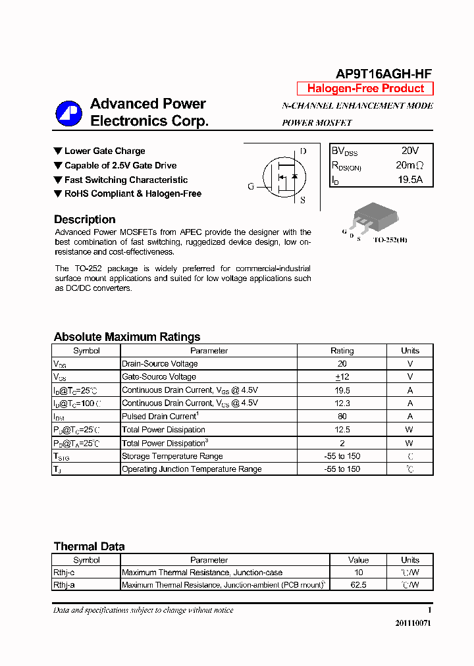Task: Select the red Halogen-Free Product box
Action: pyautogui.click(x=365, y=88)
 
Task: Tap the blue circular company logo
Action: pyautogui.click(x=68, y=113)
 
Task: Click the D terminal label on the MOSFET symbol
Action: pyautogui.click(x=303, y=151)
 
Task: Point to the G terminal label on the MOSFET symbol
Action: pyautogui.click(x=251, y=186)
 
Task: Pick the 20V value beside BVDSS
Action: pyautogui.click(x=409, y=151)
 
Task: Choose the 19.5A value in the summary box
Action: pyautogui.click(x=409, y=179)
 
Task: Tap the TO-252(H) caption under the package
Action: pyautogui.click(x=390, y=240)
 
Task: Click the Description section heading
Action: pyautogui.click(x=84, y=219)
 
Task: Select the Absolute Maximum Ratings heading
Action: pyautogui.click(x=127, y=336)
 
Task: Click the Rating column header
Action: pyautogui.click(x=342, y=351)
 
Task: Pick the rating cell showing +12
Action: pyautogui.click(x=342, y=377)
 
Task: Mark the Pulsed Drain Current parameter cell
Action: pyautogui.click(x=160, y=417)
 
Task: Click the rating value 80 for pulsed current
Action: pyautogui.click(x=342, y=417)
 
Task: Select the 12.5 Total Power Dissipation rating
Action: pyautogui.click(x=342, y=430)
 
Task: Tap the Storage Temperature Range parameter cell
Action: pyautogui.click(x=172, y=456)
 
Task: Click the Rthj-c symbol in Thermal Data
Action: pyautogui.click(x=64, y=573)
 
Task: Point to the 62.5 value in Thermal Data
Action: pyautogui.click(x=358, y=584)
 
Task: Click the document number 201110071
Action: pyautogui.click(x=413, y=623)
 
